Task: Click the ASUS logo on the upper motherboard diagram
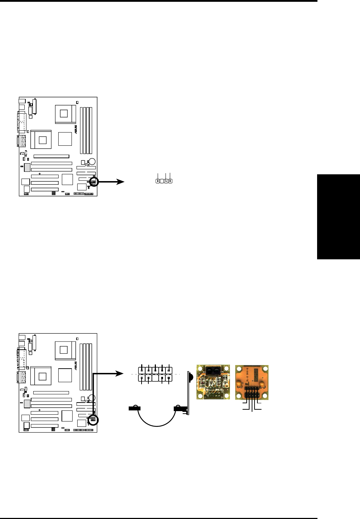[x=76, y=129]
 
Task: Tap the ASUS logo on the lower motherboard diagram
[x=76, y=365]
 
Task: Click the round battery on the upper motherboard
[x=92, y=161]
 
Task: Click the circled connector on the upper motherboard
[x=93, y=182]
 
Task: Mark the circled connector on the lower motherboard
[x=93, y=420]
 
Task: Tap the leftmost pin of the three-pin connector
[x=158, y=181]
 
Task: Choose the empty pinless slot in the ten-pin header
[x=155, y=378]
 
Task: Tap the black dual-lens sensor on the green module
[x=213, y=370]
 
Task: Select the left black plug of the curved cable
[x=134, y=408]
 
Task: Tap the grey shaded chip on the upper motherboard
[x=27, y=167]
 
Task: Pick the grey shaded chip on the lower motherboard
[x=27, y=404]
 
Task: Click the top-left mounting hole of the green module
[x=200, y=368]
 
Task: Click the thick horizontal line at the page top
[x=159, y=1]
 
